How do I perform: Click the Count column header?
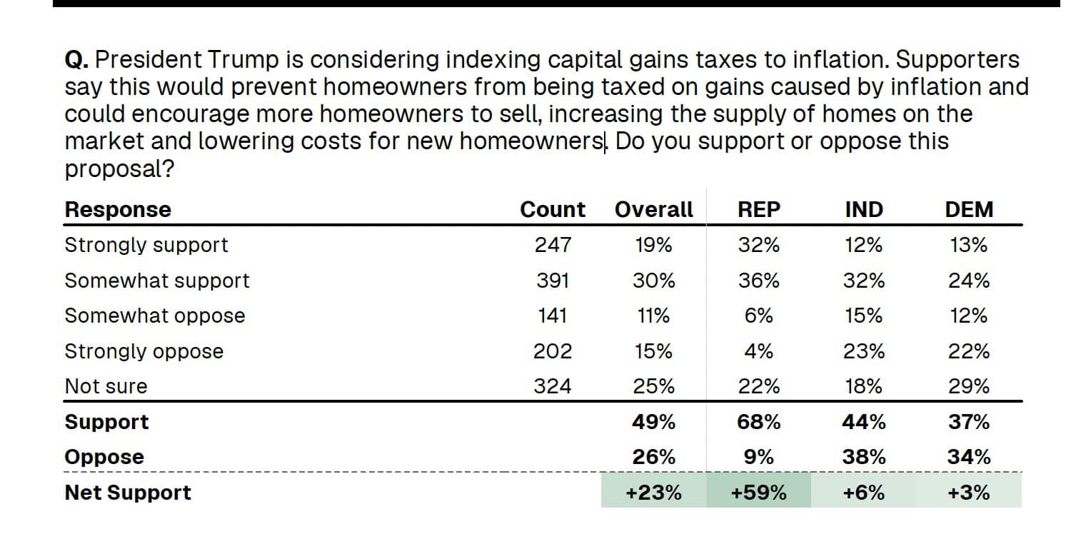pyautogui.click(x=552, y=209)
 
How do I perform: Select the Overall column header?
pyautogui.click(x=653, y=209)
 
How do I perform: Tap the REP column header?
pyautogui.click(x=759, y=209)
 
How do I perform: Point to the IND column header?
pyautogui.click(x=864, y=209)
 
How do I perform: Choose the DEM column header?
pyautogui.click(x=969, y=209)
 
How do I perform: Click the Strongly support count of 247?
pyautogui.click(x=553, y=245)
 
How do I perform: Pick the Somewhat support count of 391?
pyautogui.click(x=553, y=281)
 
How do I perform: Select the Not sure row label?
pyautogui.click(x=106, y=386)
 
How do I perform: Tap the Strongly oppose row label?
pyautogui.click(x=144, y=351)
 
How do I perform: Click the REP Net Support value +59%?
pyautogui.click(x=759, y=493)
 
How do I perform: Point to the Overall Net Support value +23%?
pyautogui.click(x=653, y=493)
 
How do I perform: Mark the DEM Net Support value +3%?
pyautogui.click(x=969, y=493)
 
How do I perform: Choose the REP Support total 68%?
pyautogui.click(x=759, y=422)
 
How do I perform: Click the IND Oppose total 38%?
pyautogui.click(x=864, y=457)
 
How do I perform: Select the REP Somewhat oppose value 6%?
pyautogui.click(x=759, y=316)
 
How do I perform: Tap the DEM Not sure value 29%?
pyautogui.click(x=969, y=386)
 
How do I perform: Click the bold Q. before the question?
pyautogui.click(x=76, y=60)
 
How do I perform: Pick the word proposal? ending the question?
pyautogui.click(x=119, y=169)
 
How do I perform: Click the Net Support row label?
pyautogui.click(x=128, y=493)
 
